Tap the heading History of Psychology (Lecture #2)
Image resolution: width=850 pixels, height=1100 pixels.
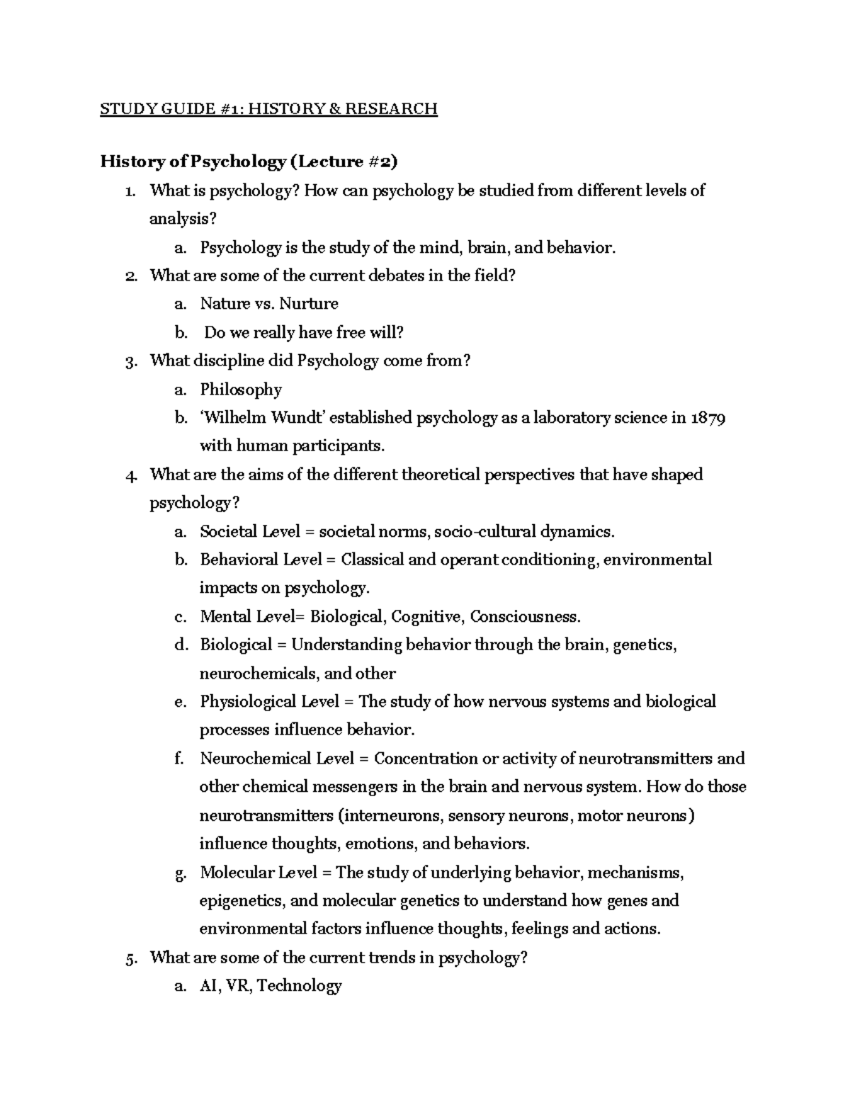pyautogui.click(x=249, y=161)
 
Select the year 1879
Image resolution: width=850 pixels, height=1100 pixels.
pyautogui.click(x=708, y=417)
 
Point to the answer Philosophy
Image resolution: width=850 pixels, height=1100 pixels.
pyautogui.click(x=241, y=389)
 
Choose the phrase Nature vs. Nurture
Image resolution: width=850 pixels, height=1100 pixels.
pyautogui.click(x=268, y=304)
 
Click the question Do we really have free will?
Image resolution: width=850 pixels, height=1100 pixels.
pyautogui.click(x=303, y=332)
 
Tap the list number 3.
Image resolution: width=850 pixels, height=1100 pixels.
pyautogui.click(x=129, y=361)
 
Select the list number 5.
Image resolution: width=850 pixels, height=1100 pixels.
pyautogui.click(x=129, y=958)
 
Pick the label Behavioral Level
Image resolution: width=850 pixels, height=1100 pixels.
pyautogui.click(x=259, y=560)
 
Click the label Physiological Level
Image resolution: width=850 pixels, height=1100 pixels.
pyautogui.click(x=268, y=702)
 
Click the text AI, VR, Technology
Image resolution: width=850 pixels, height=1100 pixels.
pyautogui.click(x=271, y=986)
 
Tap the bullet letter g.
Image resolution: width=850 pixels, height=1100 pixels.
pyautogui.click(x=181, y=873)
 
